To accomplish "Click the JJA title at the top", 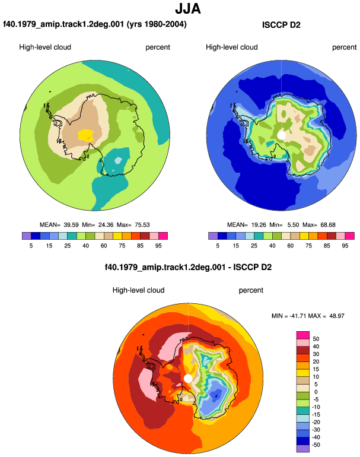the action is coord(188,9).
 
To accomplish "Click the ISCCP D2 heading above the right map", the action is coord(281,25).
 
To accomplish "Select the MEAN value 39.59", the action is coord(71,225).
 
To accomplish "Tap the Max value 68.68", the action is coord(327,225).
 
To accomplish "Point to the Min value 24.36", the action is coord(106,225).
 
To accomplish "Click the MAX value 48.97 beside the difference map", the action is coord(337,316).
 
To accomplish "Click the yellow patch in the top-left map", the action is coord(86,135).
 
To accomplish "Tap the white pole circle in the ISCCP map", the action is coord(281,135).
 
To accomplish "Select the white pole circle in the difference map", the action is coord(188,378).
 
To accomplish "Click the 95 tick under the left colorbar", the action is coord(158,246).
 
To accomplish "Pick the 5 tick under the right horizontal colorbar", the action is coord(218,246).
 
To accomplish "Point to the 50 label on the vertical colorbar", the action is coord(316,339).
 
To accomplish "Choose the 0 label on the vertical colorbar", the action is coord(316,392).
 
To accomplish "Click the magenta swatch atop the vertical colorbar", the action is coord(303,335).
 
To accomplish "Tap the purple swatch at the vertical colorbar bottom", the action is coord(303,449).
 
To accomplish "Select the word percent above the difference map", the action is coord(251,290).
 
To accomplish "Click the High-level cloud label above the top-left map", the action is coord(45,47).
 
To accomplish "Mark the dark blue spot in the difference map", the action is coord(215,395).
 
